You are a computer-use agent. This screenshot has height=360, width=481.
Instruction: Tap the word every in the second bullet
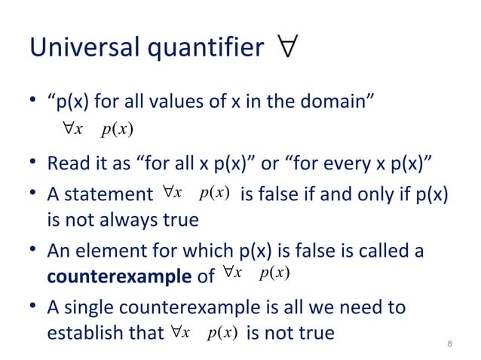pos(323,163)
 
